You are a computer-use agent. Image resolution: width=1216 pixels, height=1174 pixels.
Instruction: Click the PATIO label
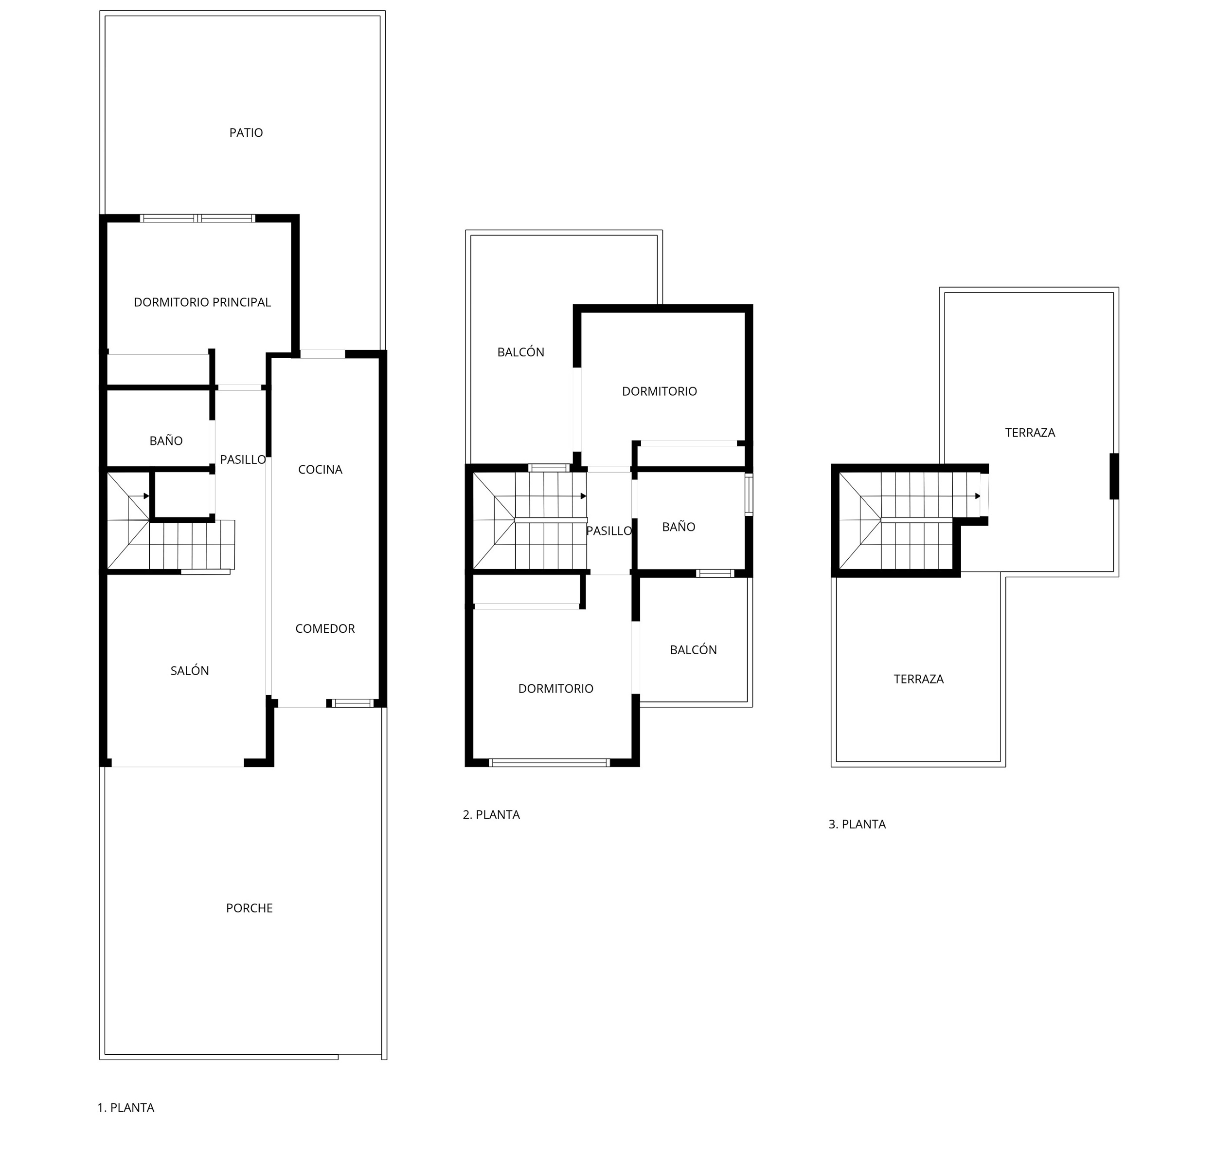246,133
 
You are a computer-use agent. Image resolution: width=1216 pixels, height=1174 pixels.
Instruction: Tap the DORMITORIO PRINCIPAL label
202,302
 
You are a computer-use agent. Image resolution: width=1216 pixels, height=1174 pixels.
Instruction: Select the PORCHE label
250,908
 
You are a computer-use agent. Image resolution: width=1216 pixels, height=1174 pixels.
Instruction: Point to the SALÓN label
190,671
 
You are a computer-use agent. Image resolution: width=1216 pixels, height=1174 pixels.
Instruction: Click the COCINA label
320,469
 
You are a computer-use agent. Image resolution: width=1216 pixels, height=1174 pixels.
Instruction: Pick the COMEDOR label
325,629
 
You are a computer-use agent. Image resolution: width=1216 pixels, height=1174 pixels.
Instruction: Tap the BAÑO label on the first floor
166,441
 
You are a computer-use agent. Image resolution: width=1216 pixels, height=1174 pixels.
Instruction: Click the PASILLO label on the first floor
243,459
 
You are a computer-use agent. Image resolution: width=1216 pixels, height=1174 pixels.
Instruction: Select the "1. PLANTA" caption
126,1108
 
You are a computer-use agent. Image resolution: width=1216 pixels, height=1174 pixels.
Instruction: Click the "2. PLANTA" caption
491,814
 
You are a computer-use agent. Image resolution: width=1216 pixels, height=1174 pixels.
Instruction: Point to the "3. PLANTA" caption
858,825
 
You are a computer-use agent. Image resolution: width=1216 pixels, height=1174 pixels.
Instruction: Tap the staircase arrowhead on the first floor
146,496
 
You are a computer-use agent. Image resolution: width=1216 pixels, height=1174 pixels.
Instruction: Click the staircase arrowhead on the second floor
583,496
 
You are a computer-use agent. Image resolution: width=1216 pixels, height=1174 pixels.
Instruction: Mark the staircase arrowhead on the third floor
978,496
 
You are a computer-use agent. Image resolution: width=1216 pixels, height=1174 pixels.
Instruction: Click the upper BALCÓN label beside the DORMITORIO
521,352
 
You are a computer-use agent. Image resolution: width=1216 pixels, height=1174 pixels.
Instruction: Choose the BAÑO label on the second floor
679,527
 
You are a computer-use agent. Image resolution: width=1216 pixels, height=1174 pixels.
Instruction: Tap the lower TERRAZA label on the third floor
919,679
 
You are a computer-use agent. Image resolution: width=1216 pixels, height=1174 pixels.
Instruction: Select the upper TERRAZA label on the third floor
1031,433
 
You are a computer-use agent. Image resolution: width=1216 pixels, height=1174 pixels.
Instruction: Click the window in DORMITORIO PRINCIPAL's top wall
198,219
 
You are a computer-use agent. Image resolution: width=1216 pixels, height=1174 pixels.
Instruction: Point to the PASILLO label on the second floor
609,531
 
